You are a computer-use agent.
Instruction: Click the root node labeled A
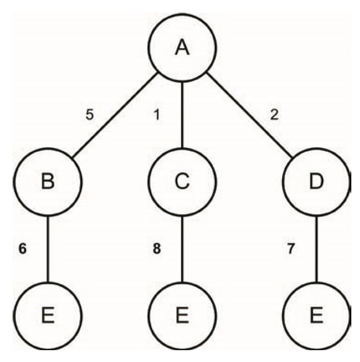(182, 47)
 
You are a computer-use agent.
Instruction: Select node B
(47, 182)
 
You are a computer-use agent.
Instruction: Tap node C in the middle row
(182, 182)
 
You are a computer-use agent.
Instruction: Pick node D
(317, 182)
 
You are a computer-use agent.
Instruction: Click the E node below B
(47, 316)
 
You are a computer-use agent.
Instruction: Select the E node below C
(182, 316)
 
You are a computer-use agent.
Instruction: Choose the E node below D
(317, 316)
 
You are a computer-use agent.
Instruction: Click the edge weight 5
(90, 115)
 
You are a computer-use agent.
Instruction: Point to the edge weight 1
(157, 115)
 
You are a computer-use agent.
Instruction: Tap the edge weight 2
(274, 115)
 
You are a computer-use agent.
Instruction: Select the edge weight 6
(23, 249)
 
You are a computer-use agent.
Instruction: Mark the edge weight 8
(157, 249)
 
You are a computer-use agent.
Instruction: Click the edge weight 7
(291, 249)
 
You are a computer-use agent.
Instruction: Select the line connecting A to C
(182, 115)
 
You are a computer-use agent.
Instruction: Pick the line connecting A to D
(250, 116)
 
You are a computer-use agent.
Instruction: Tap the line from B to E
(47, 249)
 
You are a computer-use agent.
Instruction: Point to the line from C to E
(182, 249)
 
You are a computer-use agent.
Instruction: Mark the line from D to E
(317, 249)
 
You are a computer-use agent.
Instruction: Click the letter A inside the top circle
(182, 47)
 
